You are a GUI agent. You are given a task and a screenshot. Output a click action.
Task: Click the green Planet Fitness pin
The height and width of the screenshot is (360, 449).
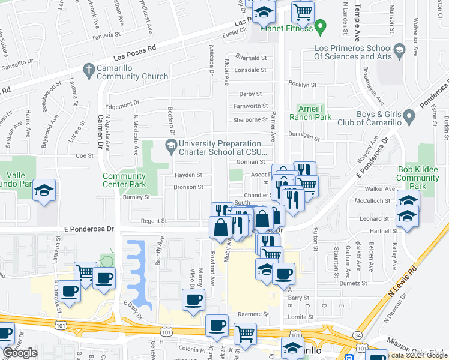(x=321, y=26)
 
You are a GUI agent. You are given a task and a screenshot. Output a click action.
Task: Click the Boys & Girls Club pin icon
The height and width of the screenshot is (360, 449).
(x=409, y=114)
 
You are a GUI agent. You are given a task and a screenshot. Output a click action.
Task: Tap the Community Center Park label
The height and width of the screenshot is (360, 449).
(x=124, y=180)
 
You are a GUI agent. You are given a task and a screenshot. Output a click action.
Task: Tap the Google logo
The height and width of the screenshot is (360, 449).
(x=20, y=353)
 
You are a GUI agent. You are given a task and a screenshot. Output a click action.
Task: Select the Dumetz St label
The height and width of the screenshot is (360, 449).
(x=352, y=283)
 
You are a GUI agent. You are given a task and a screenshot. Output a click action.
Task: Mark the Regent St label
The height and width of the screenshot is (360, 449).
(x=153, y=221)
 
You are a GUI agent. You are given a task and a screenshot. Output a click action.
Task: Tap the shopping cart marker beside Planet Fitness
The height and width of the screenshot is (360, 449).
(x=303, y=11)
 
